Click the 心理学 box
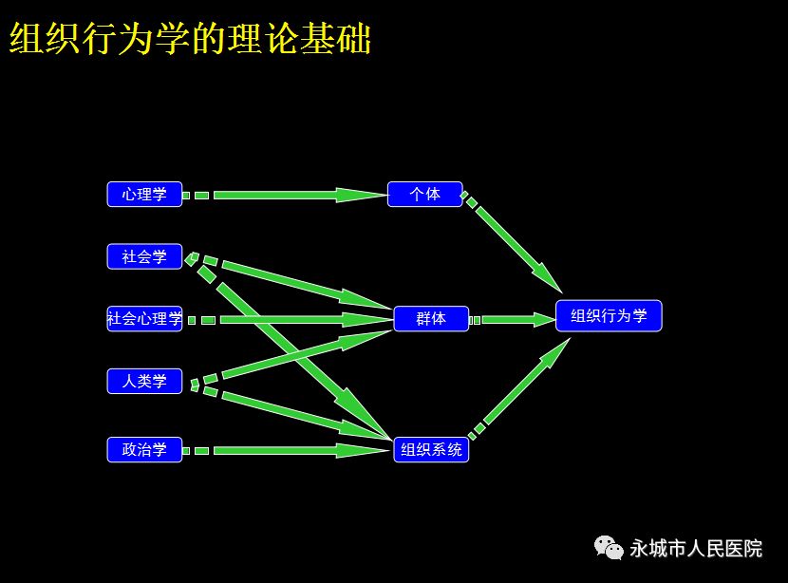144,194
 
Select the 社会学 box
144,256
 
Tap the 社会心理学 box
144,319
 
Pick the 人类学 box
144,381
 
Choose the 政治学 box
144,449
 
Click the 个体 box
424,194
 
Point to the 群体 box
431,319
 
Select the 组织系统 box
431,449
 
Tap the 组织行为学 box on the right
609,315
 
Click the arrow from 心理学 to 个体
285,195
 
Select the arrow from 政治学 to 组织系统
287,450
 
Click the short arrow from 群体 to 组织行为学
512,320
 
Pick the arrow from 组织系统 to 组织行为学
519,389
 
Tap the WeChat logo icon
609,547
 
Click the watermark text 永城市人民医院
696,548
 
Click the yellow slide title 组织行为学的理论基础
191,38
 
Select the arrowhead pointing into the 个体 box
362,195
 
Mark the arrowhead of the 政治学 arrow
364,450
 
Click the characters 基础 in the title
336,38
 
